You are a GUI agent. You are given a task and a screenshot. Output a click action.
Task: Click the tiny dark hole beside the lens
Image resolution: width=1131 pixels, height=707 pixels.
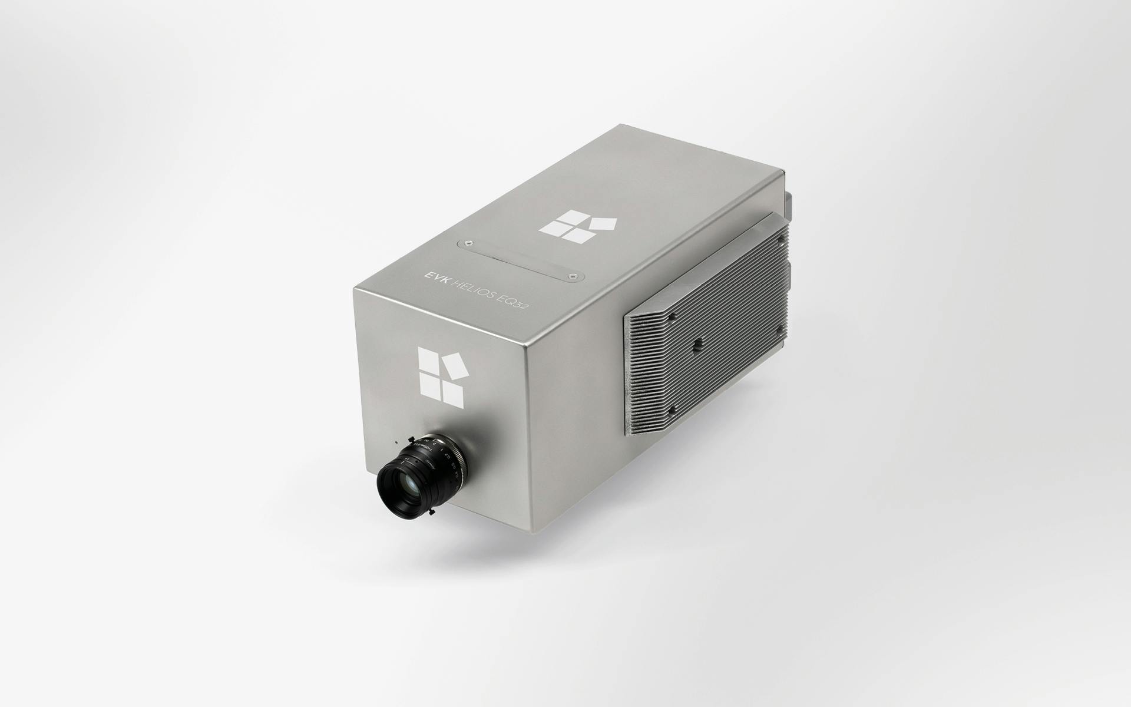click(x=396, y=441)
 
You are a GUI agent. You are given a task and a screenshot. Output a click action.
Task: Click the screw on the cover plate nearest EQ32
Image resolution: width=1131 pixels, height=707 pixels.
click(x=570, y=275)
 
